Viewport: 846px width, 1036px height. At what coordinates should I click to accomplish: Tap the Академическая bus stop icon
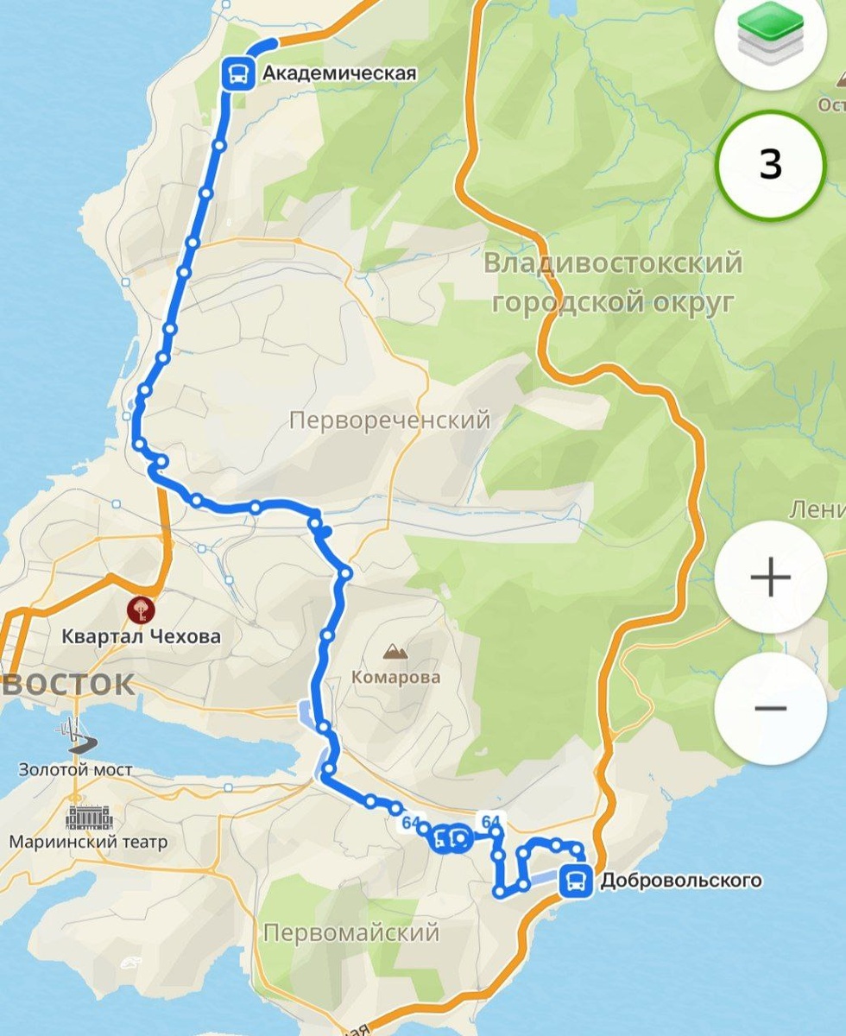238,73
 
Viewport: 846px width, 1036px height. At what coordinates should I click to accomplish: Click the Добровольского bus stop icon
576,881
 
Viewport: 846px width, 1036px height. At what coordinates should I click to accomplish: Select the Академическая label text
339,73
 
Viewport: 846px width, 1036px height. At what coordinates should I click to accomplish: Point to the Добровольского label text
681,881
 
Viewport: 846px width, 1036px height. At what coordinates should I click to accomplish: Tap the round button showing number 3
770,164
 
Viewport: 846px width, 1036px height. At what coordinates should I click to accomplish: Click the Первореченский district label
389,420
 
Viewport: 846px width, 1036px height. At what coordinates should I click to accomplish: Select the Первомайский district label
351,932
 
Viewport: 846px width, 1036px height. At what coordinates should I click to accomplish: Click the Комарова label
395,677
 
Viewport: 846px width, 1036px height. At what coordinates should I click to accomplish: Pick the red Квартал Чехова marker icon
138,610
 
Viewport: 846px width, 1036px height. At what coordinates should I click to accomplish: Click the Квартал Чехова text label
141,637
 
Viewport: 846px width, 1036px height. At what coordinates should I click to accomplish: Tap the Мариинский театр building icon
85,817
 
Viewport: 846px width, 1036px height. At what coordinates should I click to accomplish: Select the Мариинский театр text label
88,841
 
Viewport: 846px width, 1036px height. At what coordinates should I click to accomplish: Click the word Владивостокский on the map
613,262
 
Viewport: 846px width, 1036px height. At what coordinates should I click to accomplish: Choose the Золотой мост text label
75,768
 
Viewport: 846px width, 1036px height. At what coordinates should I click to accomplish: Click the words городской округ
613,302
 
